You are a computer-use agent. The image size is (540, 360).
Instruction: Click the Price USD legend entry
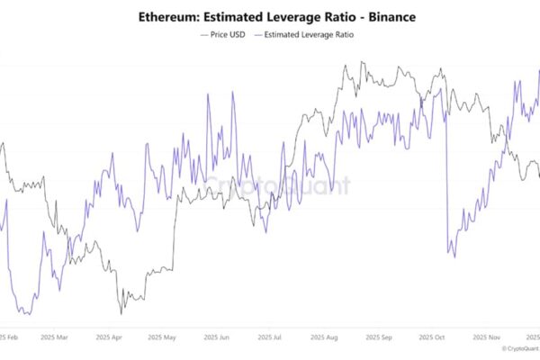(221, 34)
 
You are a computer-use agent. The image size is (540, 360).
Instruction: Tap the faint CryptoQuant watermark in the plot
(274, 186)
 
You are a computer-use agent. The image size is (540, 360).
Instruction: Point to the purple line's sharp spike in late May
(208, 94)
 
